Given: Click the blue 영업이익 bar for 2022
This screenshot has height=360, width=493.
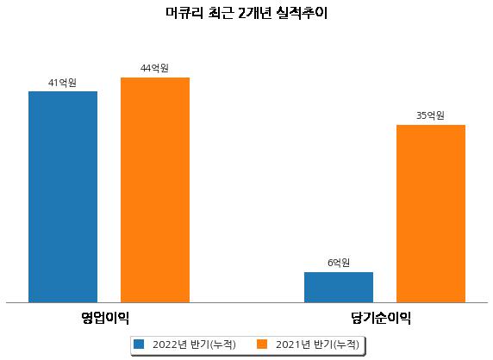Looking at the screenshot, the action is coord(63,197).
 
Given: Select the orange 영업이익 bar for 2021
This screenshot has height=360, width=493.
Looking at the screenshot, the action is coord(155,190).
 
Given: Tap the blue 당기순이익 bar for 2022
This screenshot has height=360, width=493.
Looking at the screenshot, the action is coord(339,288).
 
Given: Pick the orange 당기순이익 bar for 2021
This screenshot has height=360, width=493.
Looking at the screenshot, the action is coord(431,214).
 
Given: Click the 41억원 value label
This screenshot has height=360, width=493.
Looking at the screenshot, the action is coord(62,83).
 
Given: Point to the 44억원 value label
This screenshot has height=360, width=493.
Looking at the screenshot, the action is coord(154,68).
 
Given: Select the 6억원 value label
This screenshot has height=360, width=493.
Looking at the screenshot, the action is coord(339,263).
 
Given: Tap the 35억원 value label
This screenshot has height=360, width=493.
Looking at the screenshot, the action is coord(430,115).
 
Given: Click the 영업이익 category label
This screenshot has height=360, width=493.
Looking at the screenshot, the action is coord(105,318).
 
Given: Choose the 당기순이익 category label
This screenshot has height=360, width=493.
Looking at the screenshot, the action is coord(381,318).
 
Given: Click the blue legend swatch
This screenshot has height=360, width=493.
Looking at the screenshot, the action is coord(139,344).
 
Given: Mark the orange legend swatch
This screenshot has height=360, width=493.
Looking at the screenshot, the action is coord(262,344).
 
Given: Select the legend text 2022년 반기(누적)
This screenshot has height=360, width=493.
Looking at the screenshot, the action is coord(194,344).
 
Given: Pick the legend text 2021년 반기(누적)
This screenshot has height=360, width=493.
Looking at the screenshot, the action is coord(317,344).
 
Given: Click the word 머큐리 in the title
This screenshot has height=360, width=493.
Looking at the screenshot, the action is coord(184,13).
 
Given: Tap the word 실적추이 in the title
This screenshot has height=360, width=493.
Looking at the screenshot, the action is coord(302,13).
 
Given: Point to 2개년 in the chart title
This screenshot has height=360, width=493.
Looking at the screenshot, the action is coord(254,13).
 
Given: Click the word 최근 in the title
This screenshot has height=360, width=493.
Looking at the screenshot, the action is coord(221,13).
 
